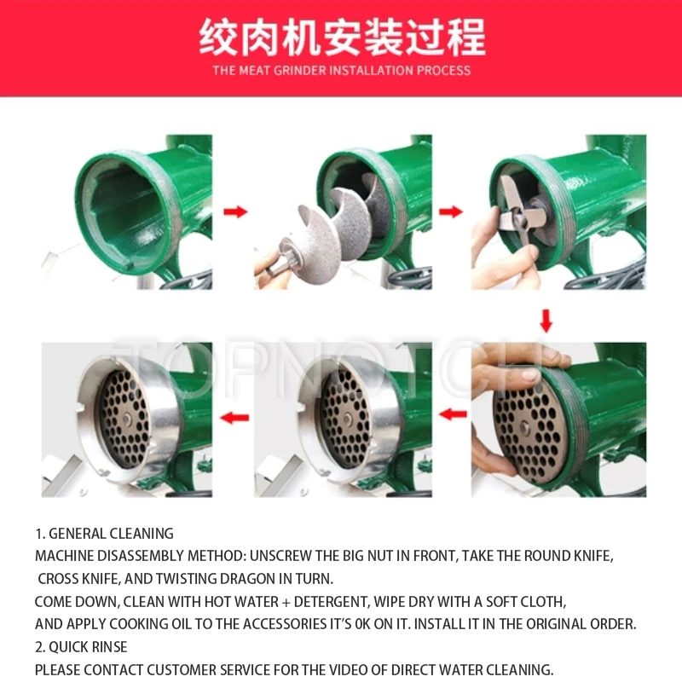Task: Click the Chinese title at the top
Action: coord(342,38)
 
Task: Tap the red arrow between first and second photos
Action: coord(235,211)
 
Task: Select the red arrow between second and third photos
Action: coord(451,211)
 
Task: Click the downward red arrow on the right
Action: coord(546,321)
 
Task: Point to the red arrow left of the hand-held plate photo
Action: coord(453,414)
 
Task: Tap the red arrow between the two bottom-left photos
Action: coord(234,417)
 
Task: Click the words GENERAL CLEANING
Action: coord(111,534)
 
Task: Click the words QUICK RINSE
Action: coord(88,646)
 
